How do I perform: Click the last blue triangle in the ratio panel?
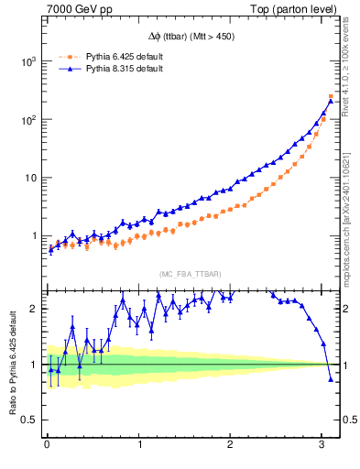coord(331,379)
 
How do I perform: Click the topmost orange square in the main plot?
coord(331,96)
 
